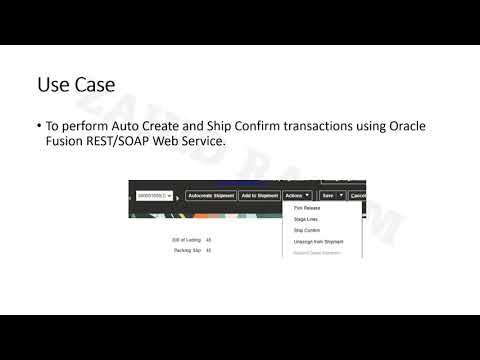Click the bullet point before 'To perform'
point(38,127)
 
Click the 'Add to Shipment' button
point(259,195)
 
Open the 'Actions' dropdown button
point(298,195)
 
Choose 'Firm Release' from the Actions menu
point(305,207)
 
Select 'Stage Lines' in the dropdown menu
point(304,218)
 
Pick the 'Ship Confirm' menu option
point(305,229)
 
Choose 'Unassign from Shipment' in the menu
point(317,241)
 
